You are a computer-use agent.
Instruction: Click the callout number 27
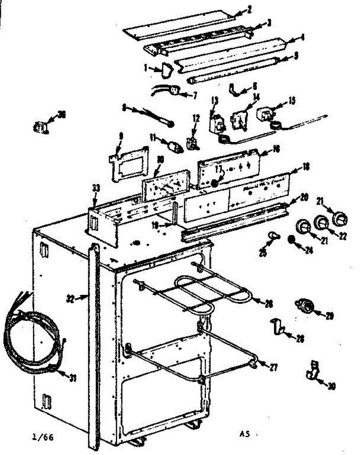pyautogui.click(x=274, y=367)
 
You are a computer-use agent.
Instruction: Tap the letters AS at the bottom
pyautogui.click(x=245, y=435)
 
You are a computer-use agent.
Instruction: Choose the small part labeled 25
pyautogui.click(x=272, y=237)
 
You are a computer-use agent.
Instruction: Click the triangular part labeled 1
pyautogui.click(x=166, y=70)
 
